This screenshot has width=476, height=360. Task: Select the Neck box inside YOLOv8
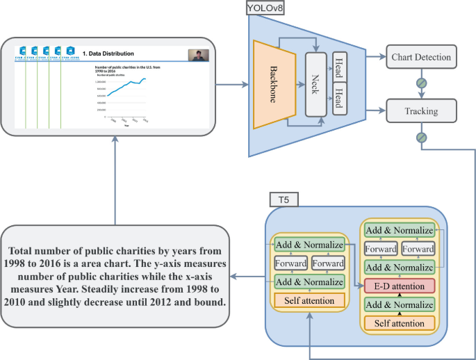[316, 85]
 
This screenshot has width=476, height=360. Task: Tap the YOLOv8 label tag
[265, 9]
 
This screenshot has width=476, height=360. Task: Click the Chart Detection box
[421, 57]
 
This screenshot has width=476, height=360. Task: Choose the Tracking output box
[421, 111]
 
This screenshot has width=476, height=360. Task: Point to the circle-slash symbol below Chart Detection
[421, 83]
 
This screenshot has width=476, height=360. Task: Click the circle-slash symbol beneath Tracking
[421, 137]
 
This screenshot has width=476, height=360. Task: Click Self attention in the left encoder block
[309, 300]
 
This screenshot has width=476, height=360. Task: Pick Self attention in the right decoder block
[400, 323]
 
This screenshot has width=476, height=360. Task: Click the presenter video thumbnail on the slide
[198, 55]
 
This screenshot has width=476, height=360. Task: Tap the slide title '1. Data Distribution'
[108, 54]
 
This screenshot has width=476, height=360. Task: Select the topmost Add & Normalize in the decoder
[400, 230]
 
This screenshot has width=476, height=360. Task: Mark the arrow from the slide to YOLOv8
[231, 85]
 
